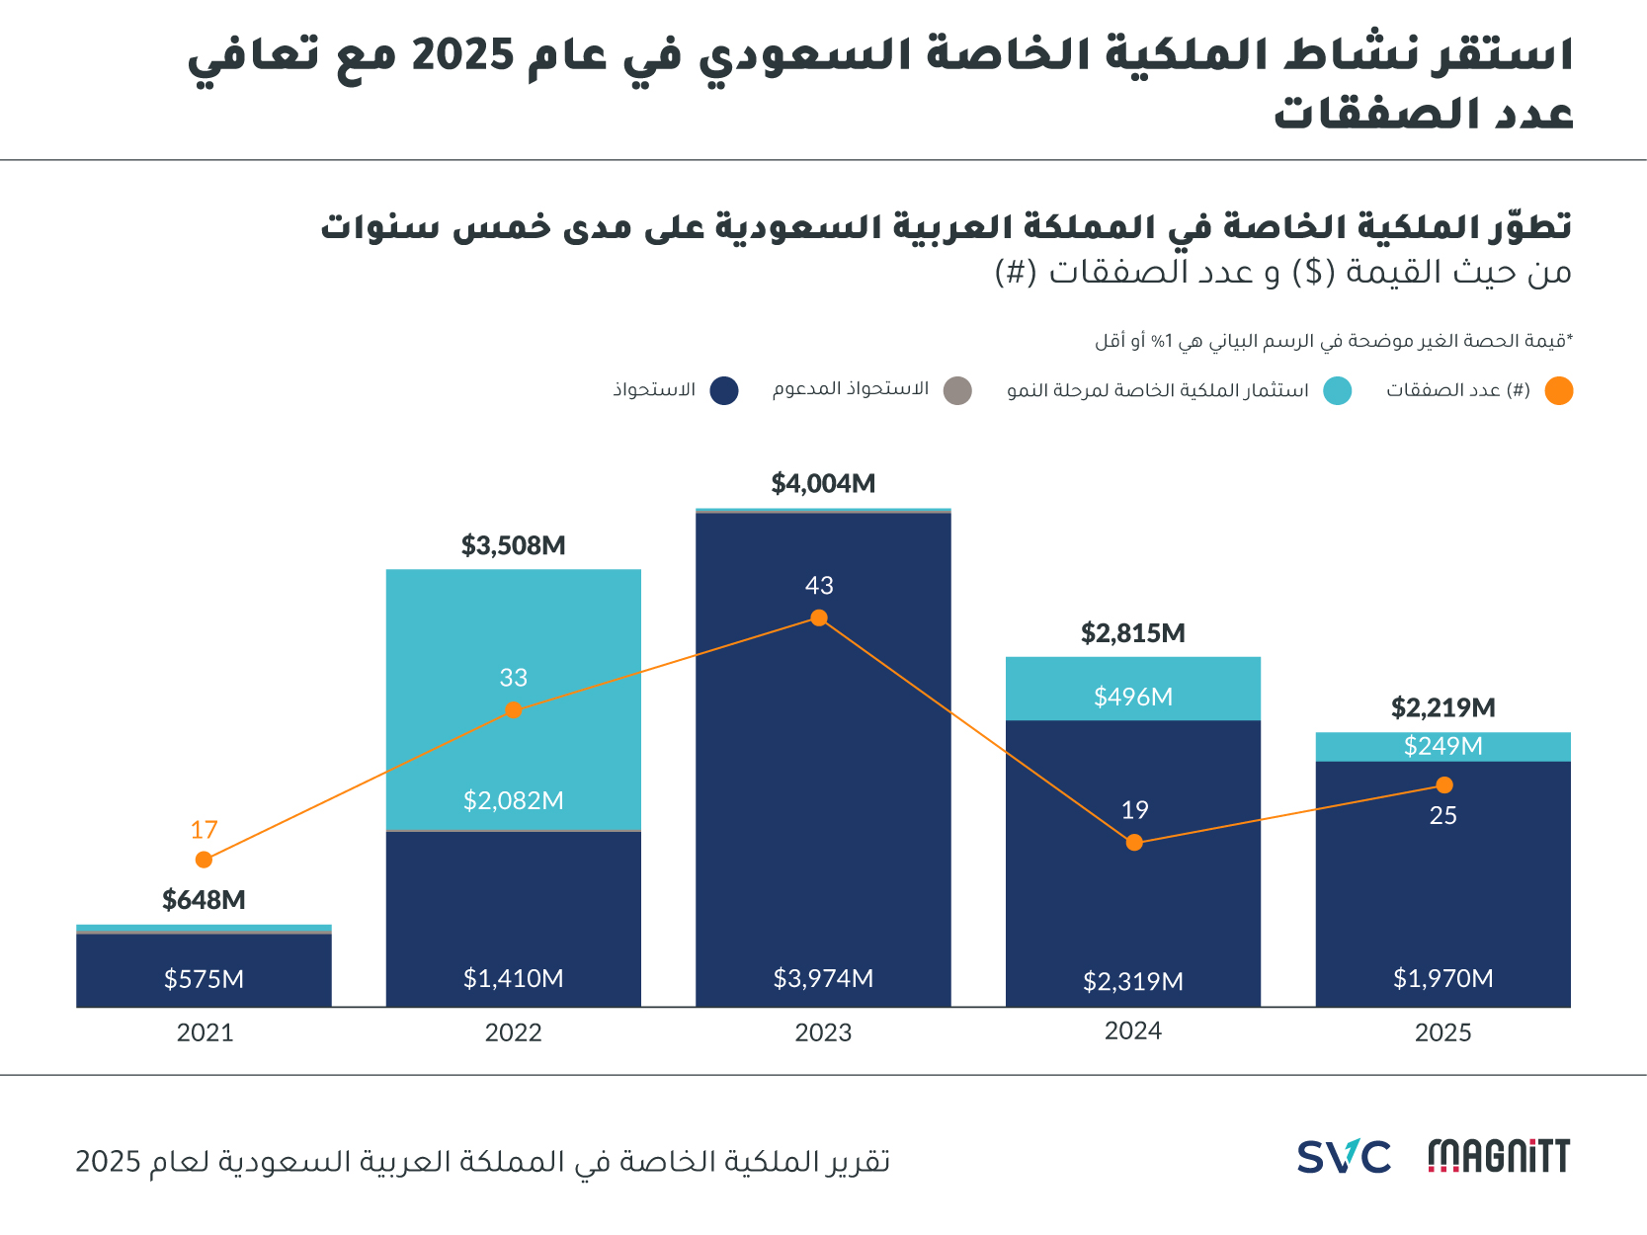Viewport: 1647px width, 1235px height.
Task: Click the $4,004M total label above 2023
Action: point(823,483)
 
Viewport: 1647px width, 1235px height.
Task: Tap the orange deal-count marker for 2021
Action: point(204,860)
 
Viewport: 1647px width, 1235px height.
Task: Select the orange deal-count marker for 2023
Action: point(819,618)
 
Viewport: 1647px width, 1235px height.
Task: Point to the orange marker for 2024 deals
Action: point(1134,843)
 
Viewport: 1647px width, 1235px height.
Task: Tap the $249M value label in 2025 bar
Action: point(1442,746)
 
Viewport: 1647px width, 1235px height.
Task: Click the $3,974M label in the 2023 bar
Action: point(823,978)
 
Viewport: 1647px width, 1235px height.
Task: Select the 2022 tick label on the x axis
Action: point(513,1032)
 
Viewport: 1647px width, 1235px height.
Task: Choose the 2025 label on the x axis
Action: point(1442,1032)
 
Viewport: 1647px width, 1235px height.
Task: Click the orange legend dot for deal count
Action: point(1558,391)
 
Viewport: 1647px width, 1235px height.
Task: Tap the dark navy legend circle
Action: point(724,391)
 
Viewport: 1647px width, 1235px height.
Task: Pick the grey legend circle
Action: point(957,391)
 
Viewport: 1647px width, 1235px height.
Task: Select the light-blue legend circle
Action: point(1338,391)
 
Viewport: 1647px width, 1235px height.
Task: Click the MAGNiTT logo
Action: point(1499,1157)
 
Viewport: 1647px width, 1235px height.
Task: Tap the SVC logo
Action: point(1344,1157)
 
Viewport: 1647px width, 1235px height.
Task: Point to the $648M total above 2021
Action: point(204,900)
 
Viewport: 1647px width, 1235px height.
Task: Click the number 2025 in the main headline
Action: point(462,54)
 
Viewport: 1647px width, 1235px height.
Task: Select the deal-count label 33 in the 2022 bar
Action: point(513,678)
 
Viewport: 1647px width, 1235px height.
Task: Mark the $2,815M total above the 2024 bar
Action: point(1133,633)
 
